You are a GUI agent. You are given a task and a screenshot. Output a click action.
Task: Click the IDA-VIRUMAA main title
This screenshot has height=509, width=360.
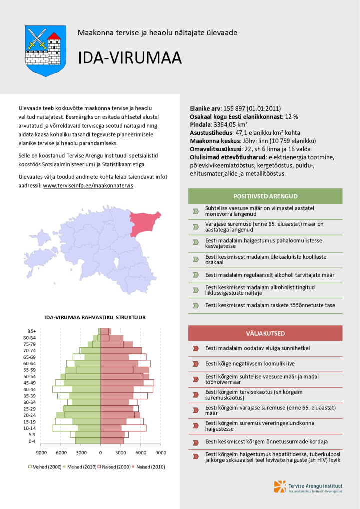point(129,58)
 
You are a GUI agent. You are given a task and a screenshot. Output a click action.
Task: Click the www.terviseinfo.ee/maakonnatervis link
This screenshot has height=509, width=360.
point(88,185)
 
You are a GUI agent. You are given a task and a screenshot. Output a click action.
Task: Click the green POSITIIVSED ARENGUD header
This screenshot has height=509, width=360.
point(265,196)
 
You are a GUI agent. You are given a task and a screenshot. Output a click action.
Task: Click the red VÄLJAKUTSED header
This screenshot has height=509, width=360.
point(265,333)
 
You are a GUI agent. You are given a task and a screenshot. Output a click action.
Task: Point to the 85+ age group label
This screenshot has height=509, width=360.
point(32,331)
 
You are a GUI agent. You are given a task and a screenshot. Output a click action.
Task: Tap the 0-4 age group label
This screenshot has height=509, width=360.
point(32,441)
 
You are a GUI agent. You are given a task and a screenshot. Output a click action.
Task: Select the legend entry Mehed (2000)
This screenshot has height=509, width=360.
point(45,467)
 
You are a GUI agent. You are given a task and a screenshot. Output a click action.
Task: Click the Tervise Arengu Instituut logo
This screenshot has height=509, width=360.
point(308,486)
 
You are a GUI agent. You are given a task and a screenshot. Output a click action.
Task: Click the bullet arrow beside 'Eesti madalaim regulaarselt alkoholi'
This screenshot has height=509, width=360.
point(195,275)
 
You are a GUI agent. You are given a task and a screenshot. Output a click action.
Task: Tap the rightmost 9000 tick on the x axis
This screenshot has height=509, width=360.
point(160,452)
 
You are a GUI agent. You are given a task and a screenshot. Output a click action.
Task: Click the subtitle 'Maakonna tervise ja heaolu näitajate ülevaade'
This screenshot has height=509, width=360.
point(157,33)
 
